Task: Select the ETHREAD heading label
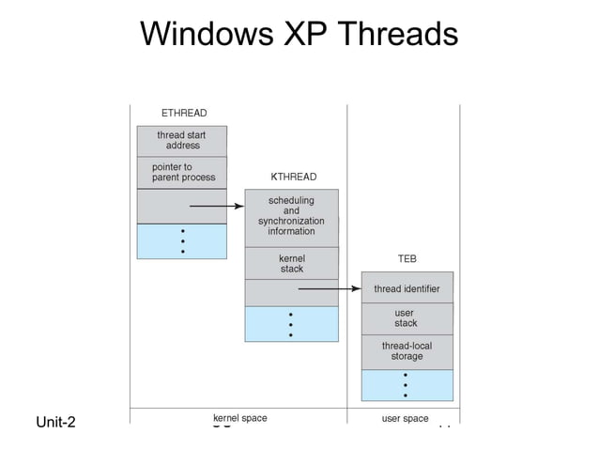tap(184, 114)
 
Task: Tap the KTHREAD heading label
tap(294, 177)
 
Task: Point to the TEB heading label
tap(407, 258)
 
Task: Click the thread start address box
tap(182, 141)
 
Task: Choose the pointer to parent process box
tap(182, 172)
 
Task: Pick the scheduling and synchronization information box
tap(291, 217)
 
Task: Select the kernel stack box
tap(291, 263)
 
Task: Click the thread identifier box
tap(407, 288)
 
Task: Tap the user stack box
tap(407, 318)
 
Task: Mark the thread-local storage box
tap(407, 351)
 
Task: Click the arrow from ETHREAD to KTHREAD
tap(217, 206)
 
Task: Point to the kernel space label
tap(240, 418)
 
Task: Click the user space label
tap(405, 418)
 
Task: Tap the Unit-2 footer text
tap(55, 422)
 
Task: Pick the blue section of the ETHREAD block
tap(182, 240)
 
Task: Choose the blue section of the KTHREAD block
tap(291, 324)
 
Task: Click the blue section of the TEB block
tap(407, 385)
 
